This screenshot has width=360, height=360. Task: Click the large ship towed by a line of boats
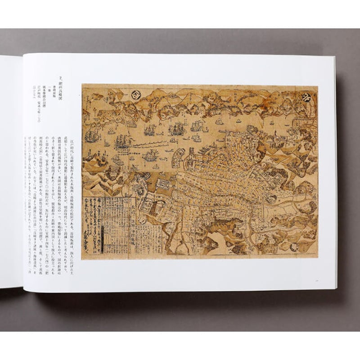pyautogui.click(x=122, y=143)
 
